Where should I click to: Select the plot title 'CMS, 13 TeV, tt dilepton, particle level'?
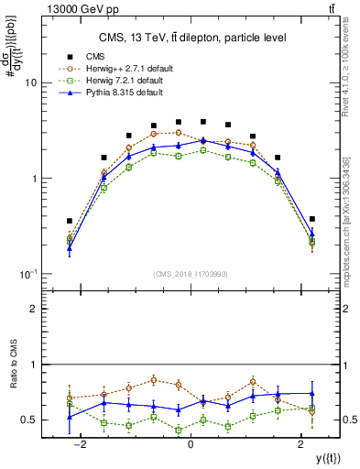(190, 38)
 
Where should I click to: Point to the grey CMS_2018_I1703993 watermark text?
(190, 275)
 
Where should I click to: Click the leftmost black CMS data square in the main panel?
(70, 221)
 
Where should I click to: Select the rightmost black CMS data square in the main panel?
(311, 219)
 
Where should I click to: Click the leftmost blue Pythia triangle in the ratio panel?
(70, 417)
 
